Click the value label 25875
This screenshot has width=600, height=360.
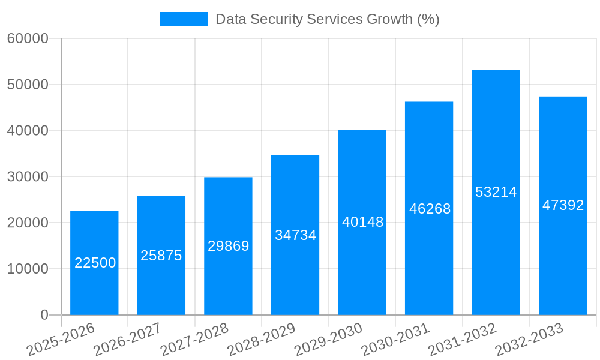[161, 256]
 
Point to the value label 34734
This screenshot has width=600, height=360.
[295, 235]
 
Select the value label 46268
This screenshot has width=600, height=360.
[430, 209]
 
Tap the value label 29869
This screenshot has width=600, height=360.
[228, 246]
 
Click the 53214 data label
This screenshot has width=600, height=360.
[496, 192]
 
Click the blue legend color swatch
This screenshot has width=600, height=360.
[184, 19]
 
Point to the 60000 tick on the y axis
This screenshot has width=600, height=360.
[28, 39]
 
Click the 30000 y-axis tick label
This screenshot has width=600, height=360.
[28, 177]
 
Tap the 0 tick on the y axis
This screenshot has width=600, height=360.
[44, 315]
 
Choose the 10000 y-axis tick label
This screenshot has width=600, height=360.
[28, 269]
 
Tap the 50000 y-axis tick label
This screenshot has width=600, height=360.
[28, 85]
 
